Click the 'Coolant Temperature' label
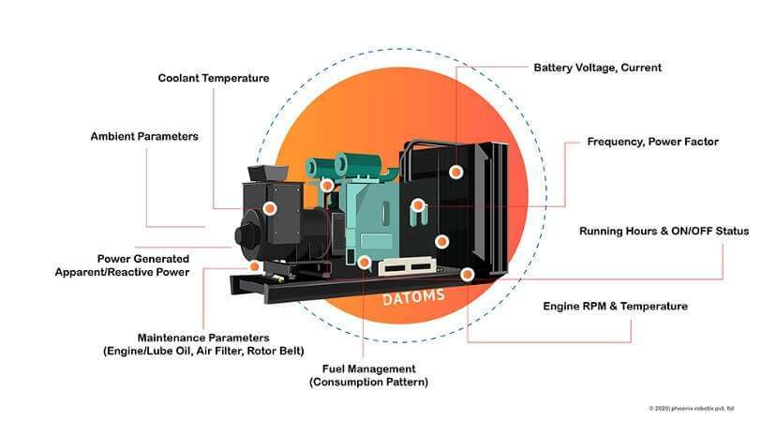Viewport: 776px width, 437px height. [x=213, y=78]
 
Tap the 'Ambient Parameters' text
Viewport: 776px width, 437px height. [x=144, y=136]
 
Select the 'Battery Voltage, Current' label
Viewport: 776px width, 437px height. [x=597, y=68]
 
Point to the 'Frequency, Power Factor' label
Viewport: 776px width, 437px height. [x=652, y=142]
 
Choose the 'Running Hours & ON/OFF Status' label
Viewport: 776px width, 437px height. [x=664, y=231]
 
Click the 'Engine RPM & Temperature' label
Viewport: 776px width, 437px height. [x=615, y=306]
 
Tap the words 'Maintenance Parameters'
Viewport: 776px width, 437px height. [x=203, y=337]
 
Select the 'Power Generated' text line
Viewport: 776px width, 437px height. [x=143, y=258]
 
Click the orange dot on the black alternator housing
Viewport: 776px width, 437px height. [x=270, y=208]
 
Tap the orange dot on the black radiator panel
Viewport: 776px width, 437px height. [x=455, y=173]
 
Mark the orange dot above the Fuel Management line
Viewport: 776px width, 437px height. [x=364, y=263]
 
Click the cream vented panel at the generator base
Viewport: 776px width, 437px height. [x=410, y=268]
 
